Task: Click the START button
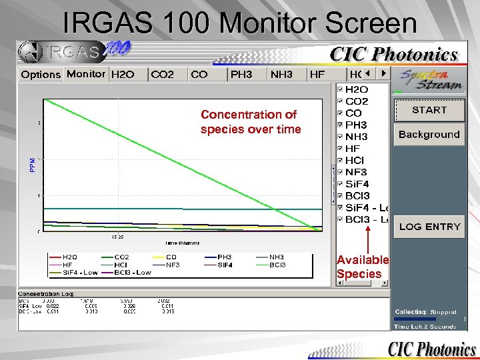click(429, 109)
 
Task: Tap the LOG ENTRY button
click(429, 226)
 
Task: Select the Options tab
click(41, 75)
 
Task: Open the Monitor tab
click(86, 74)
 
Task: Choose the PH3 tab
click(241, 75)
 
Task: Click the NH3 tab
click(281, 75)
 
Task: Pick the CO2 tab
click(163, 75)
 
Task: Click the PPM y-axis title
click(33, 165)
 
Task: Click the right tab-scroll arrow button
click(383, 73)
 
